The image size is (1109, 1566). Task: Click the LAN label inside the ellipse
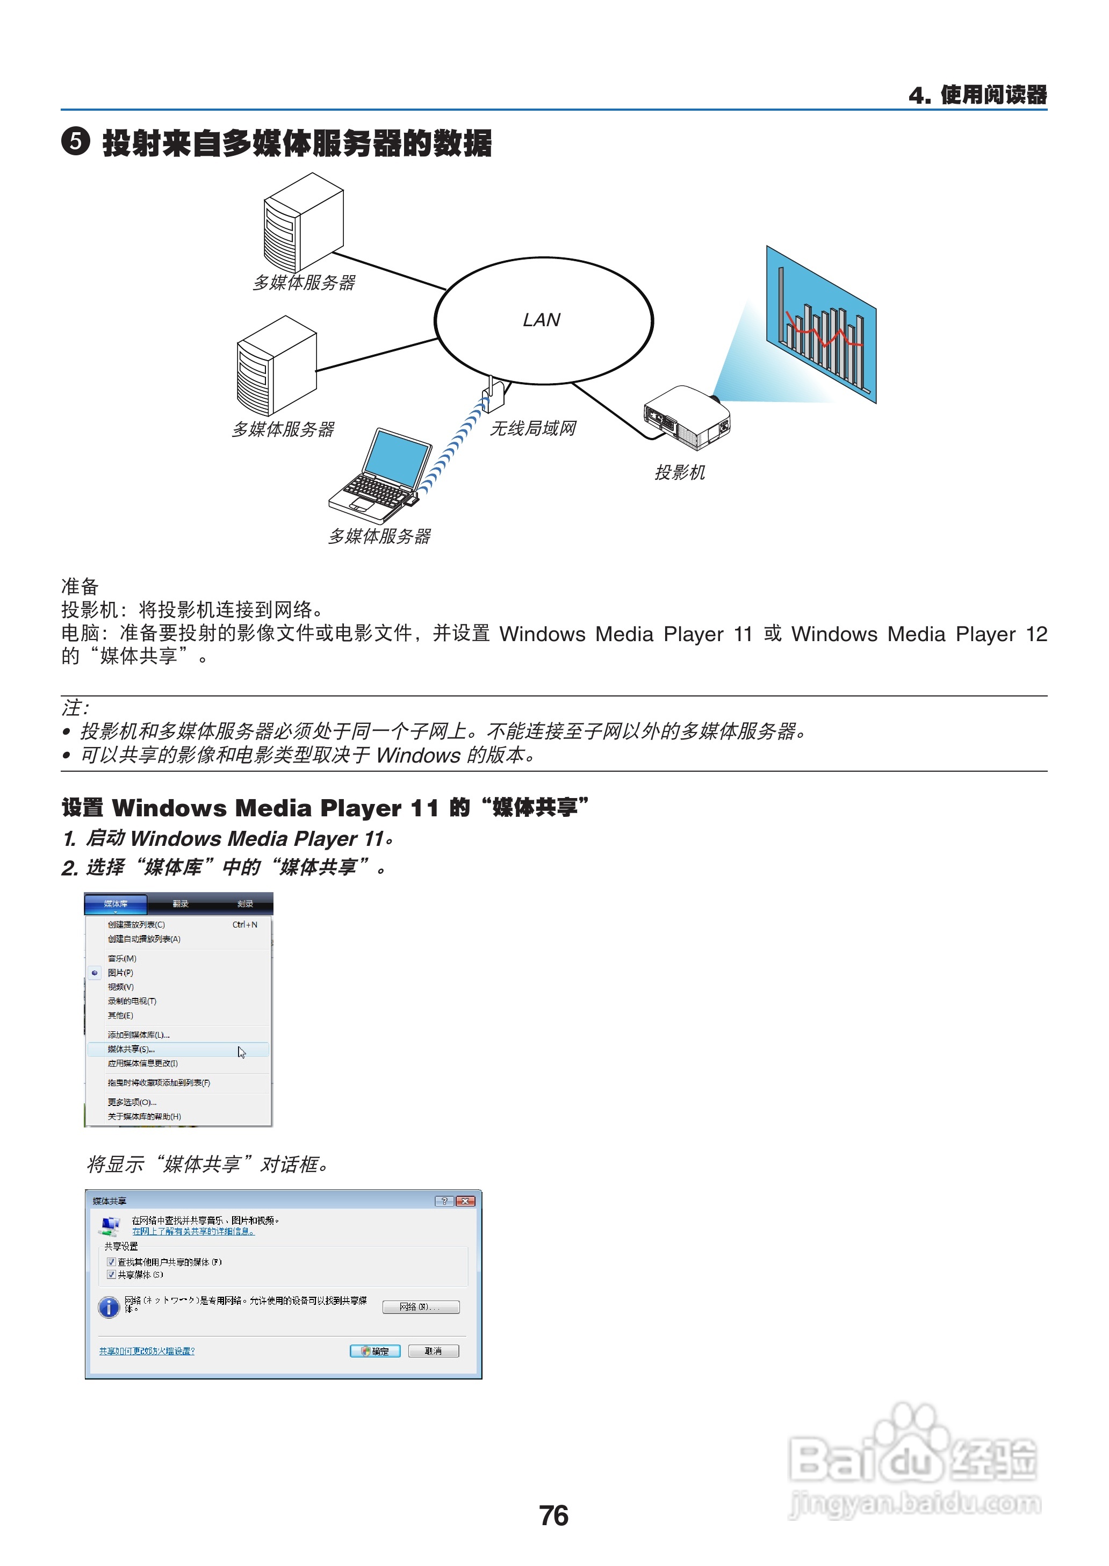tap(541, 320)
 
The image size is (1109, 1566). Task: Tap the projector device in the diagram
tap(686, 417)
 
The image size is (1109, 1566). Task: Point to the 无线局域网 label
tap(532, 429)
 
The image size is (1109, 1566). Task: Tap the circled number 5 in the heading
tap(75, 142)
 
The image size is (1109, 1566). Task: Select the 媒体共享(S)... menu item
tap(131, 1049)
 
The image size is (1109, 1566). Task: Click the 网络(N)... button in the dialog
tap(420, 1306)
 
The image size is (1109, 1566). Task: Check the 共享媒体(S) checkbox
tap(111, 1274)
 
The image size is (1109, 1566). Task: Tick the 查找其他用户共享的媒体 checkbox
tap(111, 1261)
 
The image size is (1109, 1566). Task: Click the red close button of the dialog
tap(466, 1201)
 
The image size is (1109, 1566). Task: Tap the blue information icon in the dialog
tap(109, 1306)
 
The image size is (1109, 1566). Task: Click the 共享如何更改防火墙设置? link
tap(147, 1351)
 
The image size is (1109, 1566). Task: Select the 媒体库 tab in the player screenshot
tap(116, 903)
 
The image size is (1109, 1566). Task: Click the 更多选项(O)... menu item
tap(132, 1102)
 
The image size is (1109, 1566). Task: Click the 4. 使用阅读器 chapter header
tap(977, 95)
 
